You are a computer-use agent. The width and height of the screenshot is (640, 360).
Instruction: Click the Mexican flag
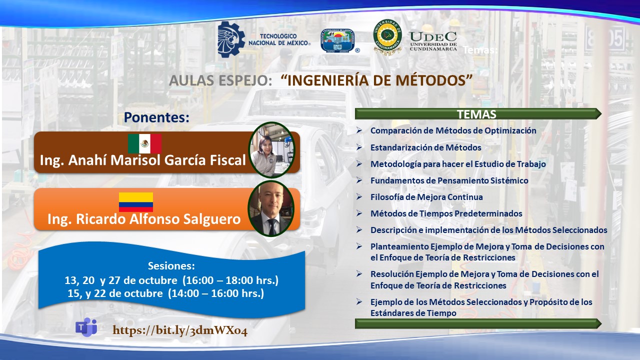[144, 143]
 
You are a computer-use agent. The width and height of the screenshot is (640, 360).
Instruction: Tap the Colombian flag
[136, 202]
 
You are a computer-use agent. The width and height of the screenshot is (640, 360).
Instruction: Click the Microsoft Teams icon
[86, 327]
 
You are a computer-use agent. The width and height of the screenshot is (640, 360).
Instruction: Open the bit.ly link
[180, 330]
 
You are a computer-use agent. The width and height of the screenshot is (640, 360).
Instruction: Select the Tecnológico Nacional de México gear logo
[231, 39]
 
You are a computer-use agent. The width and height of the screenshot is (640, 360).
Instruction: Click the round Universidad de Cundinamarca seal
[387, 37]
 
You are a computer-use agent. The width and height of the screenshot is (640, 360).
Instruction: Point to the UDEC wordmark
[433, 41]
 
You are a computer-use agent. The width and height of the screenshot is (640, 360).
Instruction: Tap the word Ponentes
[156, 117]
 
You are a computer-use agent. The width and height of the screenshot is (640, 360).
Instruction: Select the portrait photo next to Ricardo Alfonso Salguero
[271, 208]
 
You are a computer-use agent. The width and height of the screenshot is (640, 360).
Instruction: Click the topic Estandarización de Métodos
[425, 147]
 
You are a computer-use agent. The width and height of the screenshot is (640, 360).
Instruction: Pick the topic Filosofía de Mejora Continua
[426, 197]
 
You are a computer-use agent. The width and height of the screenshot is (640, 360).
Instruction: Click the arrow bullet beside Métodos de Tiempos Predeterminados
[359, 213]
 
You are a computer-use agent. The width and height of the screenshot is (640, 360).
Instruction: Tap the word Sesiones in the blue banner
[171, 265]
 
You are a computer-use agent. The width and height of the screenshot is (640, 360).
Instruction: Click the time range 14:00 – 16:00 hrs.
[216, 293]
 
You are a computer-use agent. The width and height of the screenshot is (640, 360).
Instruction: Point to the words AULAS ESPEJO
[220, 80]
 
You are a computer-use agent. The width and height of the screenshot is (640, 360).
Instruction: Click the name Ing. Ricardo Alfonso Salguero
[144, 219]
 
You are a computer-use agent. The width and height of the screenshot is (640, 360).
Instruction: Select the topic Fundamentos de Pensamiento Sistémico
[449, 180]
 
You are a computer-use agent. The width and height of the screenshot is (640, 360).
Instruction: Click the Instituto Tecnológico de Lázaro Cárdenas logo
[338, 40]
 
